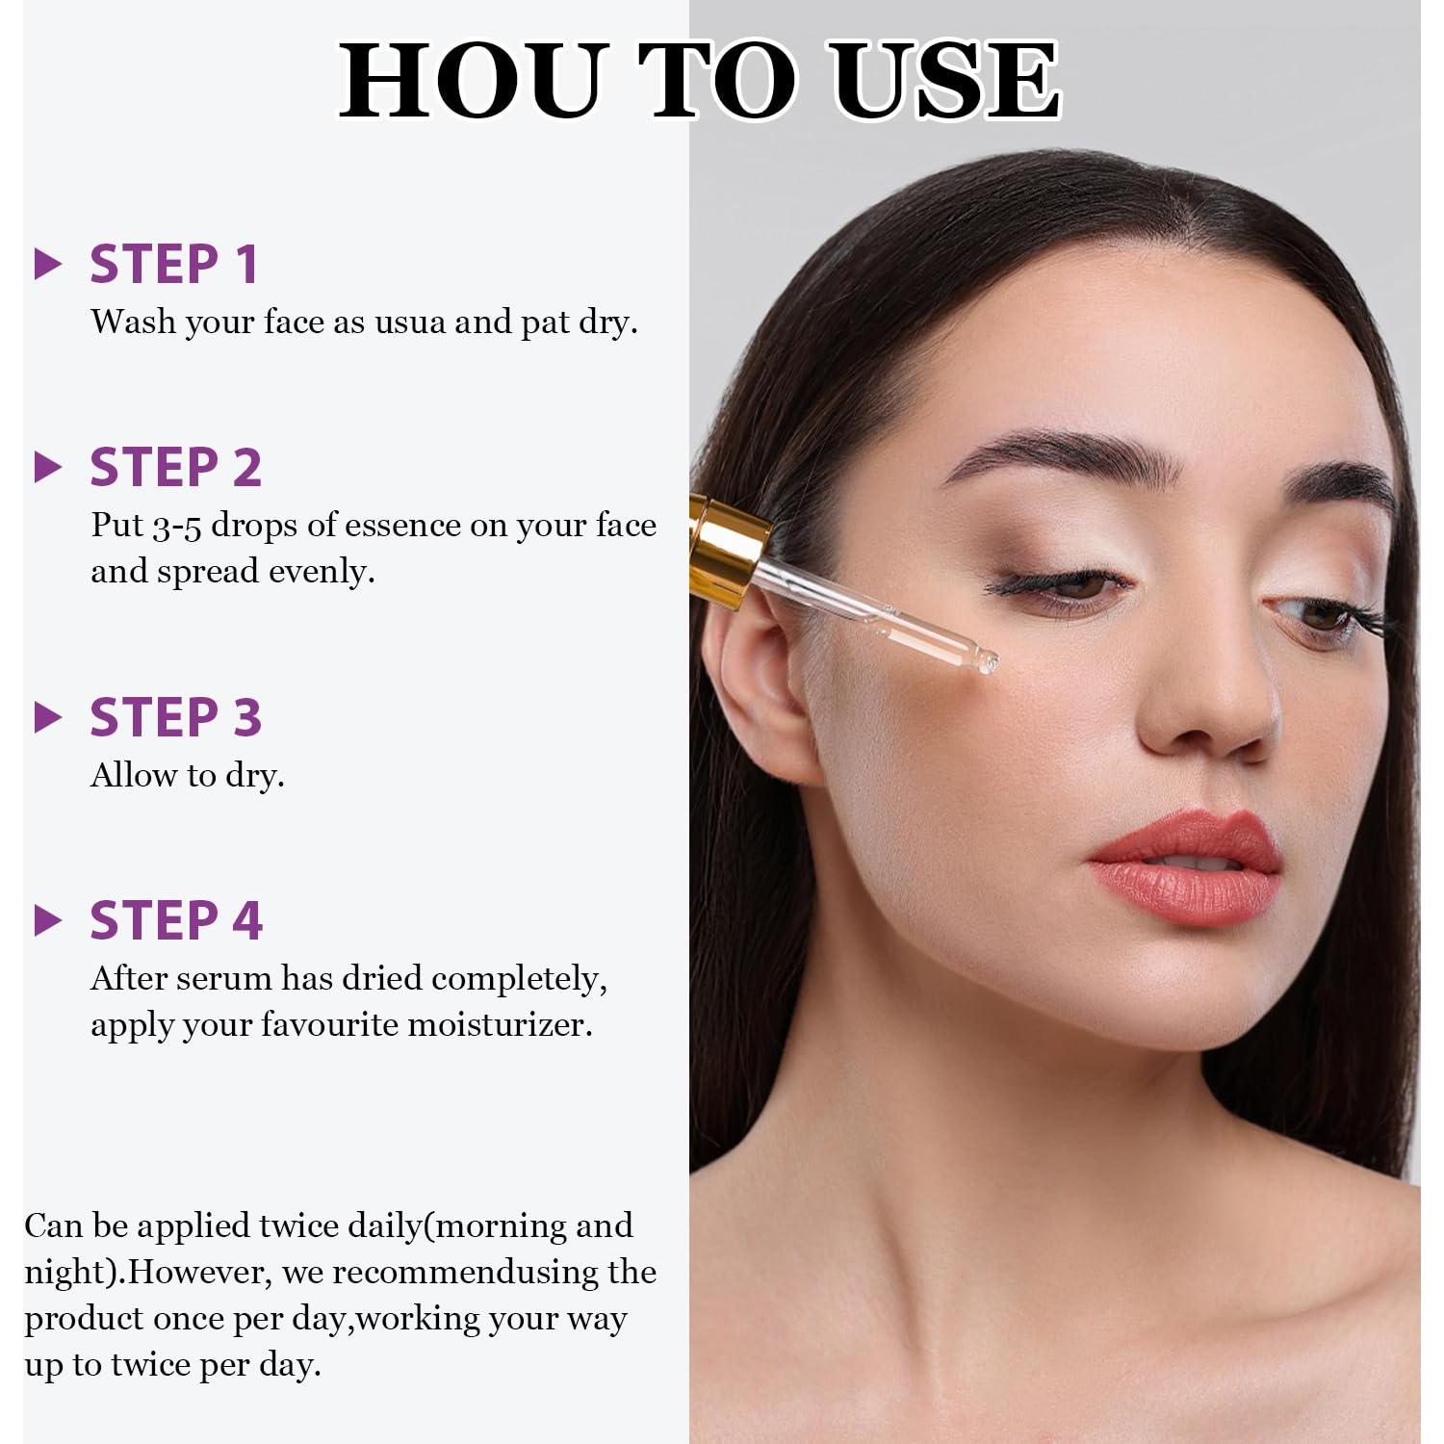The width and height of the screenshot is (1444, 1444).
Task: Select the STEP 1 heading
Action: (x=174, y=265)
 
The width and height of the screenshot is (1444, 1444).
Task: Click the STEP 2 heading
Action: (x=176, y=468)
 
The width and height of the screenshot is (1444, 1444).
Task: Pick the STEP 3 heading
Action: (x=176, y=718)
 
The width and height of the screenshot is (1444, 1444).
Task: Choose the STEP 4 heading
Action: (x=176, y=921)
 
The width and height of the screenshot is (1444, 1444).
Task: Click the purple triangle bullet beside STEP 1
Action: (x=47, y=265)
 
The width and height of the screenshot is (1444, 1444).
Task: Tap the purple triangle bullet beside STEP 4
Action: (x=47, y=921)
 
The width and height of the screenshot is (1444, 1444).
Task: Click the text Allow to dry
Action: (x=188, y=776)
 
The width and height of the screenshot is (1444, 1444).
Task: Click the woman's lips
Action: (x=1186, y=866)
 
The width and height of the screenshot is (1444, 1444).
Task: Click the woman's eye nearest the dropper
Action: (x=1064, y=584)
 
